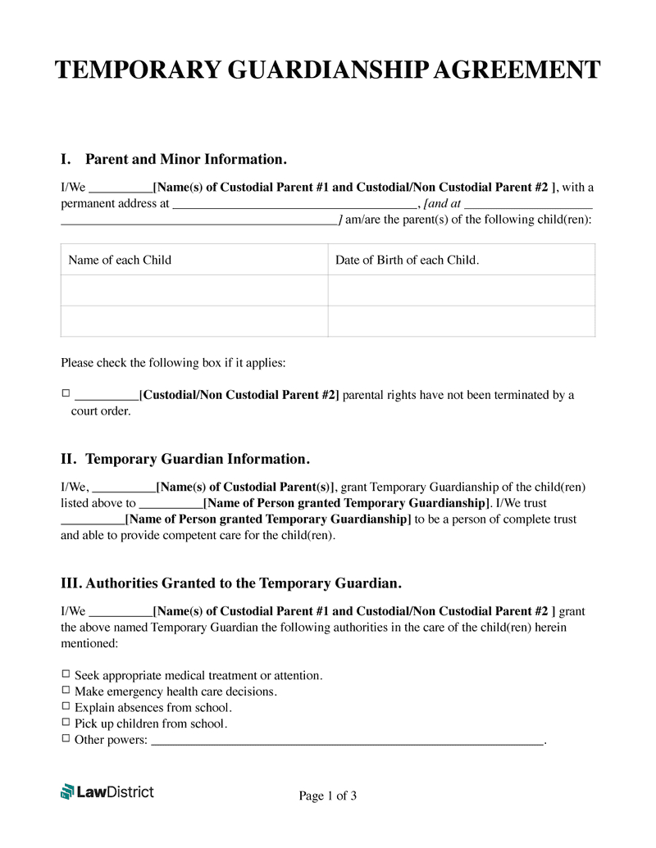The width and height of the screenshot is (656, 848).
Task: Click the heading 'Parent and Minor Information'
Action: [185, 159]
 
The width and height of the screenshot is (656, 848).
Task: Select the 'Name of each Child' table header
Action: [120, 260]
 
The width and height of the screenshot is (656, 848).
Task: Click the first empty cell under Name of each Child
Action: [194, 290]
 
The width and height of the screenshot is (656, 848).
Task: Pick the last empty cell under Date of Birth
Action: [462, 321]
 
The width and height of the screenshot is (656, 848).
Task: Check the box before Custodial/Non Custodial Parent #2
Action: [66, 394]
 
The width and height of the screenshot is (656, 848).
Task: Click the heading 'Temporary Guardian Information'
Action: [197, 459]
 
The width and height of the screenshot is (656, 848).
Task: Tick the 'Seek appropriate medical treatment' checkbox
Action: [66, 675]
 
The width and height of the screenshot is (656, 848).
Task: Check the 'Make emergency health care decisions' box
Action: [66, 691]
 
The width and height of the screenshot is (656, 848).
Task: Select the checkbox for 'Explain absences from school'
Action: [66, 706]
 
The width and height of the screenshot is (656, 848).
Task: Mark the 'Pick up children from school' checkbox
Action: [66, 723]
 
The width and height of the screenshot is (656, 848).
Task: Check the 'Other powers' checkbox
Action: [66, 739]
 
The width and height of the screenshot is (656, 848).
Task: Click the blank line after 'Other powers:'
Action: [348, 741]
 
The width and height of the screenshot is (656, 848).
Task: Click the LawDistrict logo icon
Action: [67, 791]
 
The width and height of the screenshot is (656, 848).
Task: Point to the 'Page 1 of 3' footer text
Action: [328, 796]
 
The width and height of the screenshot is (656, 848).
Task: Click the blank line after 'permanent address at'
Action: [294, 205]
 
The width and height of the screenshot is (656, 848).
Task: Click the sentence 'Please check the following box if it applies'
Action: [173, 363]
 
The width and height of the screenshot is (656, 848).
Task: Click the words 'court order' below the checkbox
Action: [100, 411]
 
